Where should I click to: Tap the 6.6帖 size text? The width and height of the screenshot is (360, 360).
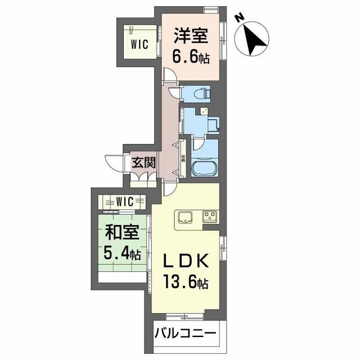click(191, 57)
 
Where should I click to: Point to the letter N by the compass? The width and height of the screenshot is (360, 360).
click(239, 18)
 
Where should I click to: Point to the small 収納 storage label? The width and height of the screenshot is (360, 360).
click(183, 161)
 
